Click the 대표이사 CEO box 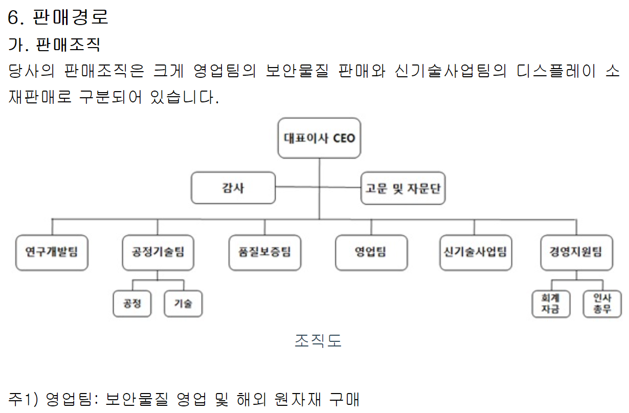point(319,138)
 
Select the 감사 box point(233,188)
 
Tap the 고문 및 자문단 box point(403,188)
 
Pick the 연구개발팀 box point(52,252)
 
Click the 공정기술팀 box point(158,252)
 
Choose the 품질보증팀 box point(264,252)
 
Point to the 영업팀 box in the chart point(371,252)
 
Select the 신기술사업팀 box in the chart point(476,252)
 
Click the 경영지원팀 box point(576,252)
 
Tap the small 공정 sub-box point(132,303)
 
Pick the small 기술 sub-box point(183,303)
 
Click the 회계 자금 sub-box point(551,303)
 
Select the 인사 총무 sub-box point(602,303)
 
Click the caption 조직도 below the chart point(318,340)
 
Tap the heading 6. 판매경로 point(58,17)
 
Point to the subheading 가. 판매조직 point(54,45)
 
